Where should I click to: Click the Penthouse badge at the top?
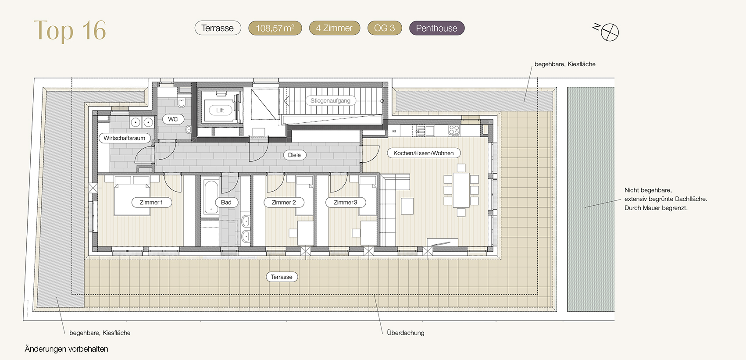[x=437, y=28]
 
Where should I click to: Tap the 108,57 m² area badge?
[x=275, y=28]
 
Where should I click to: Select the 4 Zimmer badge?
[x=334, y=28]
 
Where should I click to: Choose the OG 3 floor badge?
[x=385, y=28]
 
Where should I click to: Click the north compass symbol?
[x=610, y=32]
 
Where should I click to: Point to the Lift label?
[x=220, y=110]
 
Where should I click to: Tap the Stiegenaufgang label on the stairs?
[x=330, y=100]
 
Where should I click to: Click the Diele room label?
[x=294, y=155]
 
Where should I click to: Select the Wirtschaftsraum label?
[x=124, y=138]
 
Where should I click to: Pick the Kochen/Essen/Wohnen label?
[x=424, y=153]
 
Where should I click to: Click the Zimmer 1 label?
[x=152, y=202]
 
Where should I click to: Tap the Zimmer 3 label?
[x=346, y=202]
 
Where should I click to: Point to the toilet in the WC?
[x=182, y=102]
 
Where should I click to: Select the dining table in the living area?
[x=461, y=189]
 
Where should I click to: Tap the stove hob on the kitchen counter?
[x=454, y=130]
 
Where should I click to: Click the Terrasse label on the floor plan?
[x=282, y=277]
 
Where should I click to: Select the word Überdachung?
[x=406, y=333]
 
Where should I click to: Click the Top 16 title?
[x=70, y=31]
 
